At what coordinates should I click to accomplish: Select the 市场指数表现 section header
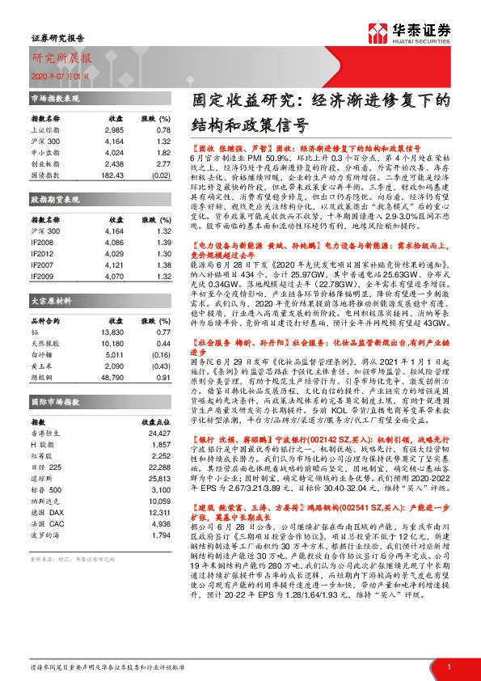[x=55, y=98]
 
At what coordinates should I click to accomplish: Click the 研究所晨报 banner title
[x=62, y=58]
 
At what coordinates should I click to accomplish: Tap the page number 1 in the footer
[x=448, y=666]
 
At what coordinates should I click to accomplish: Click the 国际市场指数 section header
[x=55, y=401]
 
